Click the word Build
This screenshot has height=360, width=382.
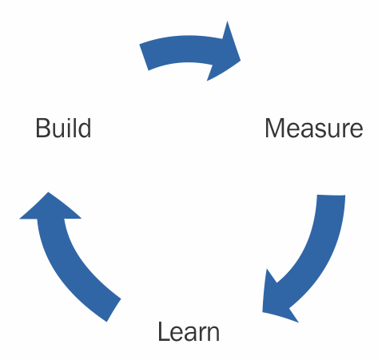click(x=63, y=128)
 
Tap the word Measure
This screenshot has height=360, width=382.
click(x=314, y=128)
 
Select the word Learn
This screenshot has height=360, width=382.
click(x=189, y=331)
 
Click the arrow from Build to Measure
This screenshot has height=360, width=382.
click(x=186, y=49)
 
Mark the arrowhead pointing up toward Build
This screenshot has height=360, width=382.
click(x=50, y=208)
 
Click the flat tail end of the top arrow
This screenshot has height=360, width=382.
click(x=144, y=57)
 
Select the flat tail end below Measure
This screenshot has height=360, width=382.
click(x=331, y=196)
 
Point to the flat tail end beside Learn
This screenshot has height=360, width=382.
click(x=113, y=311)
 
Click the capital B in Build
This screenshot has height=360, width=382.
click(x=42, y=128)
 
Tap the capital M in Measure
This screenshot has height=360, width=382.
click(x=276, y=128)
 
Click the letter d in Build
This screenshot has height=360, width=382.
click(x=85, y=128)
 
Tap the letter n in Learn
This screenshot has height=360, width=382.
click(x=213, y=334)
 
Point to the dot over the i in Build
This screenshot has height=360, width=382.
click(x=70, y=120)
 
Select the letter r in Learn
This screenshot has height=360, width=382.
click(x=201, y=334)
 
